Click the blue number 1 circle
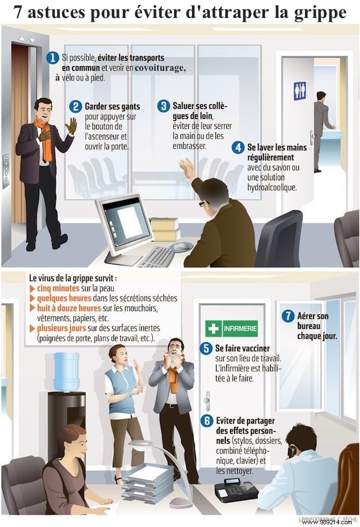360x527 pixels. [52, 58]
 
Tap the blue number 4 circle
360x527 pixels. [238, 147]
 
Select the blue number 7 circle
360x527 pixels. [287, 316]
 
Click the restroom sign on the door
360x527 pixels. [300, 90]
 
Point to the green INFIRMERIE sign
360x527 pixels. [231, 329]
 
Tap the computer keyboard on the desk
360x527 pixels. [156, 256]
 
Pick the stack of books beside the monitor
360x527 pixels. [165, 229]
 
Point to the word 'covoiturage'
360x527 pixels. [160, 68]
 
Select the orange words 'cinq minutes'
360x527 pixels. [58, 288]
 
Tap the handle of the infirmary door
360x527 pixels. [207, 400]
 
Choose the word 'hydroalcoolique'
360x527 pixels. [272, 187]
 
